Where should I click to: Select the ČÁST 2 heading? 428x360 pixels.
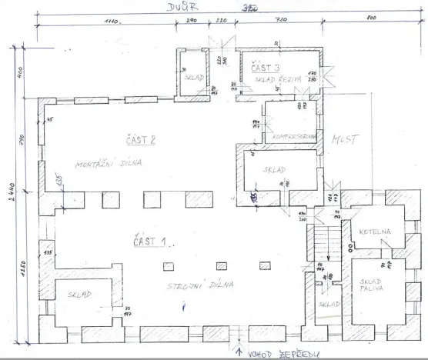(x=141, y=139)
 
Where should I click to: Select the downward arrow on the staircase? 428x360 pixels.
(x=329, y=249)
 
